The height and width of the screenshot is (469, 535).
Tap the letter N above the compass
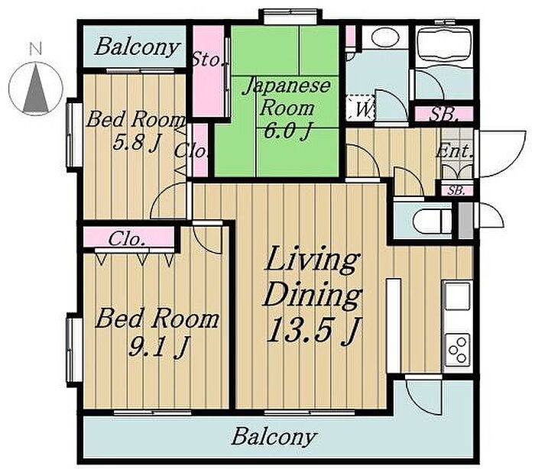click(x=35, y=48)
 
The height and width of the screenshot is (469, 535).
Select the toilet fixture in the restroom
click(x=433, y=221)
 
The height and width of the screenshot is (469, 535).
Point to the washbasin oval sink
click(x=385, y=37)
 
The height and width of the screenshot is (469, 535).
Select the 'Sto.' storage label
click(x=208, y=60)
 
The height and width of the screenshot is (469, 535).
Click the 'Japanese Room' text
click(x=287, y=97)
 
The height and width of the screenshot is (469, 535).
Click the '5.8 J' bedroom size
click(x=135, y=143)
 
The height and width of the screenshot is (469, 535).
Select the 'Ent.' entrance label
click(x=455, y=151)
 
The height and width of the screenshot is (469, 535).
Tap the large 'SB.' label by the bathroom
click(x=443, y=115)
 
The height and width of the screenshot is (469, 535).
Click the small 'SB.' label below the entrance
click(x=456, y=191)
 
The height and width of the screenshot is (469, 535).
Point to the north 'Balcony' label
click(x=137, y=47)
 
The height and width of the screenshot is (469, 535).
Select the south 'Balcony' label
click(x=274, y=437)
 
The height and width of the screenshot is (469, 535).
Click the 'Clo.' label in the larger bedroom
click(x=127, y=239)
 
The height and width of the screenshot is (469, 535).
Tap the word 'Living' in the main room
click(x=312, y=260)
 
